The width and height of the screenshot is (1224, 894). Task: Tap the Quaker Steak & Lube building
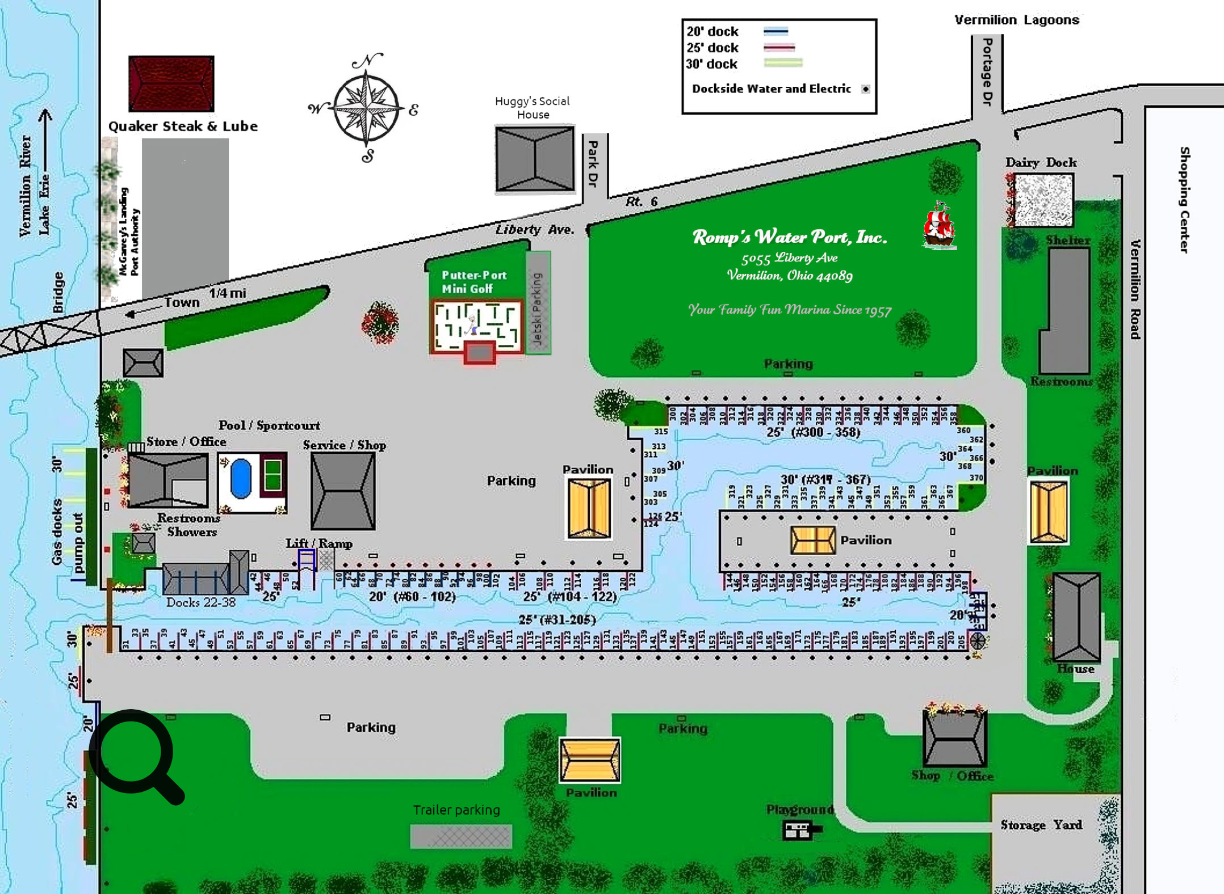171,83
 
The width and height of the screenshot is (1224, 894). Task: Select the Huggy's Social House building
534,159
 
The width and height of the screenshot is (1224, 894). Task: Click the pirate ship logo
940,226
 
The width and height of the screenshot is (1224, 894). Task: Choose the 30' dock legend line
783,63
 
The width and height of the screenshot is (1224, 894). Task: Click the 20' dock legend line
776,31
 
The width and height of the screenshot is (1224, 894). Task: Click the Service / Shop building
343,491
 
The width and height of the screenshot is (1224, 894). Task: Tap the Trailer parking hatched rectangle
461,836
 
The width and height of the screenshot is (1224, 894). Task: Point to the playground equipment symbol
799,831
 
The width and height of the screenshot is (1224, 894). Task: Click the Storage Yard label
1041,825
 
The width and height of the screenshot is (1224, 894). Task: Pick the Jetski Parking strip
538,303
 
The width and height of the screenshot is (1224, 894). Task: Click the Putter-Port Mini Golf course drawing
476,328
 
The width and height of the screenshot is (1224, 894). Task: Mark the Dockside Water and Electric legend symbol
866,89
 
